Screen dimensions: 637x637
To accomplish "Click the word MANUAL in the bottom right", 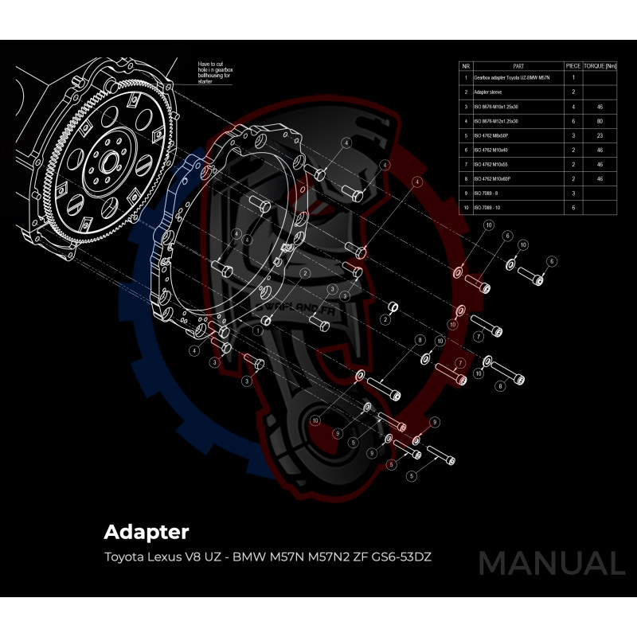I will click(551, 564).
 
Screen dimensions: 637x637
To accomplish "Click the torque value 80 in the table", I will click(599, 121).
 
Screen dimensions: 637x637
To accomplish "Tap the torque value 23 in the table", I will click(599, 135).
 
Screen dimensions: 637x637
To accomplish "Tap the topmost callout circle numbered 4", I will click(346, 142).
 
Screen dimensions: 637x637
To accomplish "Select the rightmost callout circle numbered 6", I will click(551, 261).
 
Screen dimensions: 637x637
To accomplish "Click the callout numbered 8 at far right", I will click(501, 385).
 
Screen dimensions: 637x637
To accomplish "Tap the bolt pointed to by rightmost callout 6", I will click(530, 275).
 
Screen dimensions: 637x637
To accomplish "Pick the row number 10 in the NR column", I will click(466, 207).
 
